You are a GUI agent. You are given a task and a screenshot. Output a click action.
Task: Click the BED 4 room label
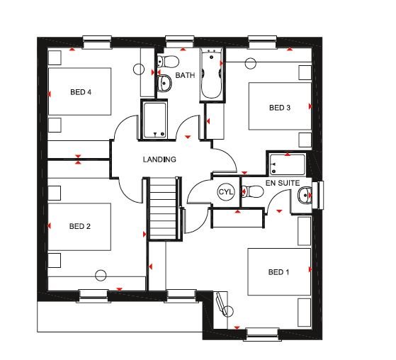(81, 92)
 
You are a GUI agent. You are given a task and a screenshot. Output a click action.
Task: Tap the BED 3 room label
(280, 108)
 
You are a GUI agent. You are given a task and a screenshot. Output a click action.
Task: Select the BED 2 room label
(80, 226)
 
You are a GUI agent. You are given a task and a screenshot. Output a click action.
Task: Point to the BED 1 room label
(278, 272)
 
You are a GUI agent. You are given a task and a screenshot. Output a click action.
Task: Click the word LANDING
(159, 159)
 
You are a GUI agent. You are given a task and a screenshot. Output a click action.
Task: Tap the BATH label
(185, 75)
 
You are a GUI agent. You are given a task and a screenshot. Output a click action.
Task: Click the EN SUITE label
(283, 183)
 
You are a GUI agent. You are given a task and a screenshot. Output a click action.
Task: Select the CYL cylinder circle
(226, 192)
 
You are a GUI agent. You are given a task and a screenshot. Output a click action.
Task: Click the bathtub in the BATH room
(212, 74)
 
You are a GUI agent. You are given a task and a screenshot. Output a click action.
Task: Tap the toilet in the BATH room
(168, 62)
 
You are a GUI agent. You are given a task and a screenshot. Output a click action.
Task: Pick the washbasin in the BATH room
(164, 83)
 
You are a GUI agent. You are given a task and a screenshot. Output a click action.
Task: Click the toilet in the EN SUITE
(253, 192)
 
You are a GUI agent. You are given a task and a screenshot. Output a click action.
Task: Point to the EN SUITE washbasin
(305, 196)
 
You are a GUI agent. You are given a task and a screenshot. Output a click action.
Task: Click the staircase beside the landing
(163, 208)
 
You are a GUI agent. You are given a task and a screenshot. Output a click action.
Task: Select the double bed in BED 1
(279, 272)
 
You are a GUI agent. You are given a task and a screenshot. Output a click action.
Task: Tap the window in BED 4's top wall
(97, 42)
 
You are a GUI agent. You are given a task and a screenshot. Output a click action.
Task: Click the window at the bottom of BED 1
(262, 334)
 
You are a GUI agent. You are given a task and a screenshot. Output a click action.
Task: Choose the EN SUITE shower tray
(288, 164)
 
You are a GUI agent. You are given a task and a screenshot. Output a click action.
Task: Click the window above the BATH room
(180, 42)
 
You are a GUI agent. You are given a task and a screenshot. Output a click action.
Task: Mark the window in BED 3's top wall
(263, 42)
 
